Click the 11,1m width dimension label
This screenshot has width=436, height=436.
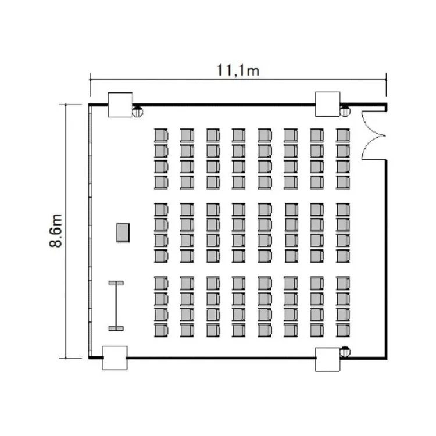click(x=238, y=70)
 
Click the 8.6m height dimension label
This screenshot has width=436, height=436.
click(x=56, y=231)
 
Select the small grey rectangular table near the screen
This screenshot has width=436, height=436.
click(x=123, y=233)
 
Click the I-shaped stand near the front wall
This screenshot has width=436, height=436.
click(x=116, y=306)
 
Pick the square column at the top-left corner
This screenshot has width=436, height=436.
click(x=120, y=105)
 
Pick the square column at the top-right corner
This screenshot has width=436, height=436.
click(x=327, y=104)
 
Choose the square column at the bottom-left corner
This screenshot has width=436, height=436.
click(x=115, y=358)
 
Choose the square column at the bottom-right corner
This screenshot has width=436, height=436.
click(x=327, y=359)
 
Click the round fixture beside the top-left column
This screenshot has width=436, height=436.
click(x=137, y=111)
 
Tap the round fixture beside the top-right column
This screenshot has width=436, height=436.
click(x=345, y=111)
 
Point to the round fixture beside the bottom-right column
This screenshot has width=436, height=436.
click(x=345, y=352)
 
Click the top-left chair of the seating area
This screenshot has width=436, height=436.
click(x=161, y=135)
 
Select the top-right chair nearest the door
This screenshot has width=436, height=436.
click(x=343, y=135)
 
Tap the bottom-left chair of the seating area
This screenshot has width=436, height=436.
click(x=161, y=330)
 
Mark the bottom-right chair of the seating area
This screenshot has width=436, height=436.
click(x=343, y=330)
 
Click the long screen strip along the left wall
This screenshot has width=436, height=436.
click(x=90, y=231)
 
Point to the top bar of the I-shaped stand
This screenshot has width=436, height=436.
click(x=116, y=283)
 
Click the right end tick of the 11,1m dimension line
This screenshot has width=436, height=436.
click(x=386, y=80)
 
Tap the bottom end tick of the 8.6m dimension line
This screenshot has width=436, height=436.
click(x=66, y=358)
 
